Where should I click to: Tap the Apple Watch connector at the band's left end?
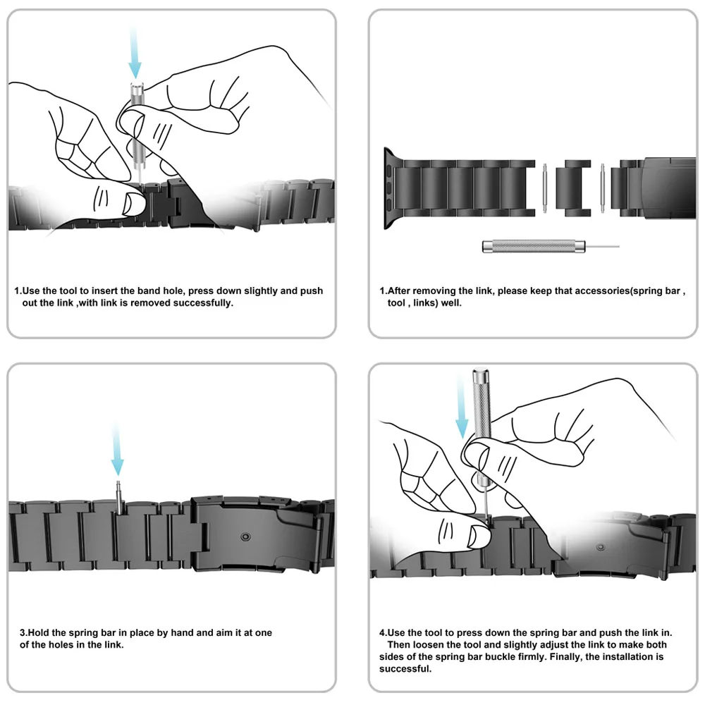coord(390,187)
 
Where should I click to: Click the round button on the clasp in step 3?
coord(245,537)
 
